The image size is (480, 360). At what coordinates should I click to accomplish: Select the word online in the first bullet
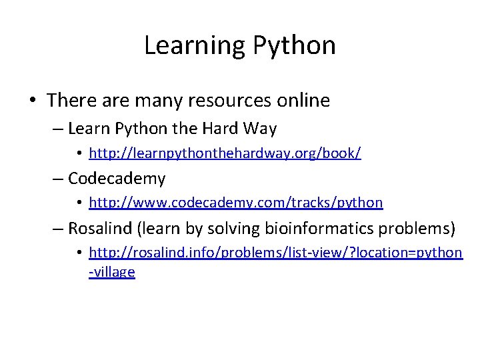303,101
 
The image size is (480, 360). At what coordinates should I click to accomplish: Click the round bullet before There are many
32,101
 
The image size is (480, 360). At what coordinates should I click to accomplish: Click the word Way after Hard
260,128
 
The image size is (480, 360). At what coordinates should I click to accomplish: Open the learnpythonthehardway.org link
225,154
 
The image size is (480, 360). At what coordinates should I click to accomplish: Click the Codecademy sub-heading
117,179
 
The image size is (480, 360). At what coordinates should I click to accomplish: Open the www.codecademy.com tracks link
235,203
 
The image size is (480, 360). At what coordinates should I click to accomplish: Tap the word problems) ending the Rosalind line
417,229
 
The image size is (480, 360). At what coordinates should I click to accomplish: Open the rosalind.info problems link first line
275,253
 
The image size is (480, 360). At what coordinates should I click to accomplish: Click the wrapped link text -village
112,272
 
